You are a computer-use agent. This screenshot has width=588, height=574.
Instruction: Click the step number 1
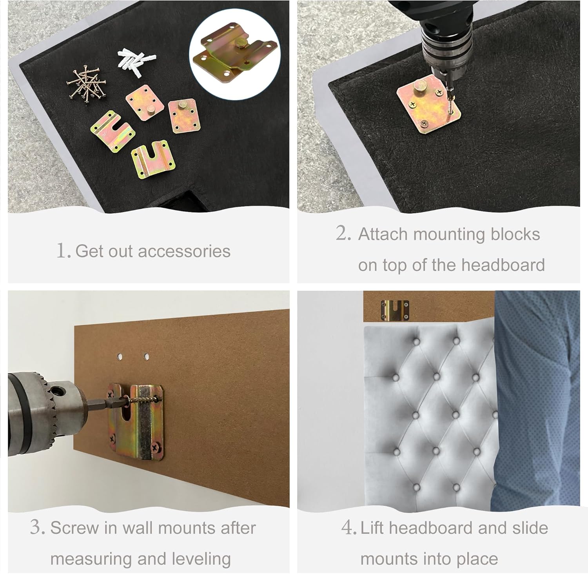63,251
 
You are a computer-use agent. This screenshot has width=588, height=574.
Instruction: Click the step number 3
38,527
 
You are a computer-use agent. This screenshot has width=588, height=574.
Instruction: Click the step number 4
348,527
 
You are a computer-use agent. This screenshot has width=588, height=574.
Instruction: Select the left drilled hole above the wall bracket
120,357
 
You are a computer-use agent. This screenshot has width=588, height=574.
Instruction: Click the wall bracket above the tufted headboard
395,309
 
